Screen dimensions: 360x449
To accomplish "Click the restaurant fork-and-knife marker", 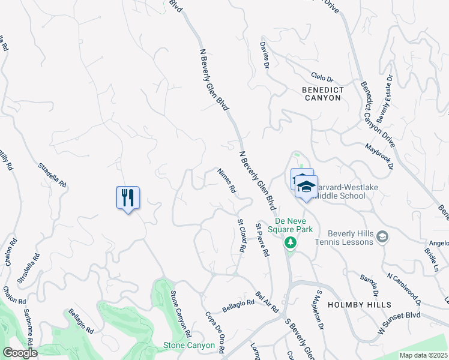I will point(128,197).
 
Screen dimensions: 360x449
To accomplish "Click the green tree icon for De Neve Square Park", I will point(291,242).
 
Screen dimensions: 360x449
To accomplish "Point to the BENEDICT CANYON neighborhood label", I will point(323,94).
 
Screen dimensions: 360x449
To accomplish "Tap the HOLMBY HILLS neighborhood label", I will point(360,305).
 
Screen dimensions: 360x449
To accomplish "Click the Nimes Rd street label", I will point(226,180).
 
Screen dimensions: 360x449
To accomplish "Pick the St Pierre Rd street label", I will point(262,241).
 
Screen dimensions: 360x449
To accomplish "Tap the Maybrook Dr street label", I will point(378,155).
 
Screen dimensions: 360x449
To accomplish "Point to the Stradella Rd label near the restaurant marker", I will point(52,175).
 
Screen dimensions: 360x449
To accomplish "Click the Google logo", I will point(20,353).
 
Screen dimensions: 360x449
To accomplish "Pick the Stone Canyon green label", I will point(189,346).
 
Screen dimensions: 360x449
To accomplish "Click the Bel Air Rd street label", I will point(267,302).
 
